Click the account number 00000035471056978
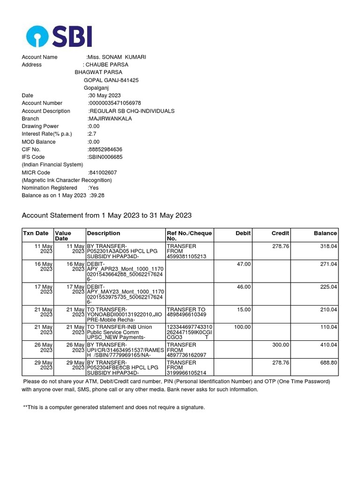point(115,103)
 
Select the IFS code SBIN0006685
point(105,157)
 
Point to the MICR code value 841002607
point(103,172)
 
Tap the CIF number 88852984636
point(105,150)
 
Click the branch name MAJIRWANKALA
point(110,119)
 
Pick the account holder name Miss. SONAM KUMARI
point(117,57)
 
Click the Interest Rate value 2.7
point(92,134)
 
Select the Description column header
point(104,233)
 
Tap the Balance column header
point(325,233)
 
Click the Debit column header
point(243,233)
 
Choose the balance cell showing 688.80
point(328,363)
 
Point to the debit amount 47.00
point(244,264)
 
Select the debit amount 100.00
point(242,327)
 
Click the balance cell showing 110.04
point(328,327)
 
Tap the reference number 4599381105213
point(187,256)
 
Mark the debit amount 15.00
point(244,309)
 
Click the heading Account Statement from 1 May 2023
point(107,216)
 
